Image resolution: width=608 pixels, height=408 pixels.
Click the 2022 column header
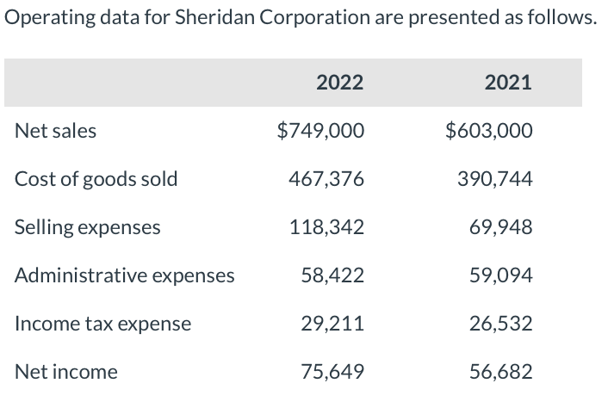tap(339, 83)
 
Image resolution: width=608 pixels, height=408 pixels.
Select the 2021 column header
tap(508, 83)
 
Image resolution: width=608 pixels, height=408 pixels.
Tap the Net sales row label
tap(56, 132)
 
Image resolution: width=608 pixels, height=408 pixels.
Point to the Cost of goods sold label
tap(96, 179)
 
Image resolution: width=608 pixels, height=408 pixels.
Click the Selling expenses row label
tap(88, 227)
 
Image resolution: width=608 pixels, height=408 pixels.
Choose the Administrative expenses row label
tap(125, 275)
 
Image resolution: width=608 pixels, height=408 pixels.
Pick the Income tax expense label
tap(103, 324)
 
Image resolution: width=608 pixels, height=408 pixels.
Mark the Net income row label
tap(66, 372)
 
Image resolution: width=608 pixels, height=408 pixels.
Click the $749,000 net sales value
tap(320, 132)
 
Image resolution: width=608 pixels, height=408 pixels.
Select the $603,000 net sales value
tap(489, 132)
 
